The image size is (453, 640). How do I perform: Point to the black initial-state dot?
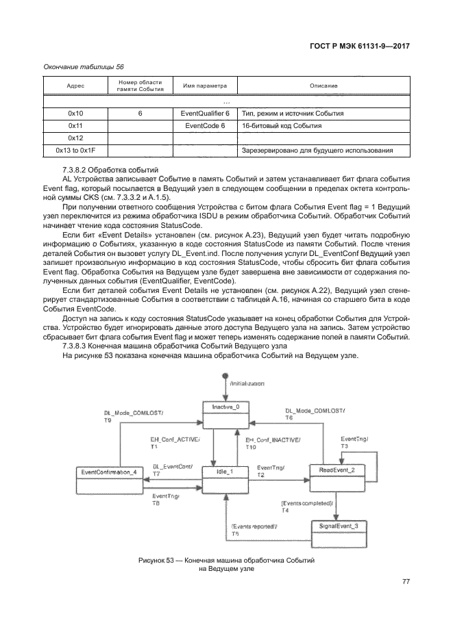224,377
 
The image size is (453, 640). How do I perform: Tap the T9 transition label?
107,420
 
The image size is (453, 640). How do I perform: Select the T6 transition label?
289,418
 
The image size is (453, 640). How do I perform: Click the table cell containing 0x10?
75,113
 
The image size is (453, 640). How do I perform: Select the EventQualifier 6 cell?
204,113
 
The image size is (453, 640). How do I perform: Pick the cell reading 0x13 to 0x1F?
75,150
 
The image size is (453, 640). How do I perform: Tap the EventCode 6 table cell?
204,126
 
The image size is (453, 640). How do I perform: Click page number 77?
405,582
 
